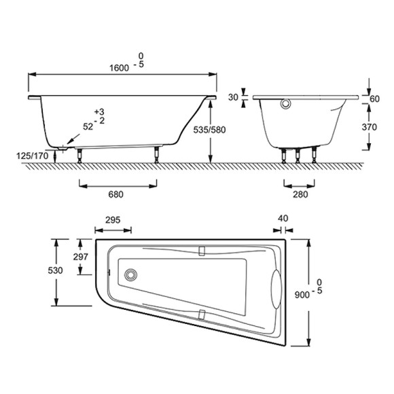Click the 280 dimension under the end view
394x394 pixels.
(x=300, y=194)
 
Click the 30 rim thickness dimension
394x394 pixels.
(x=233, y=98)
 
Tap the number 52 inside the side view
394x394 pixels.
(x=88, y=126)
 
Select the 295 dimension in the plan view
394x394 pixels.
(x=113, y=219)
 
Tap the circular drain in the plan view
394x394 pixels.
(x=130, y=276)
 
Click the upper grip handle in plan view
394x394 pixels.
(x=201, y=251)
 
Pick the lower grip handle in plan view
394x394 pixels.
(x=201, y=314)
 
